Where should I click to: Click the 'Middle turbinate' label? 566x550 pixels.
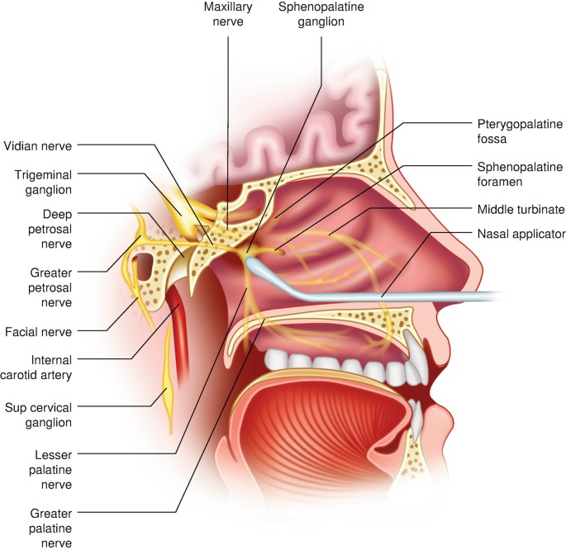(521, 211)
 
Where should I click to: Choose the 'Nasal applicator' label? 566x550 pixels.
(521, 234)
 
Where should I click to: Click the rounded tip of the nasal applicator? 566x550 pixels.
(253, 263)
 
